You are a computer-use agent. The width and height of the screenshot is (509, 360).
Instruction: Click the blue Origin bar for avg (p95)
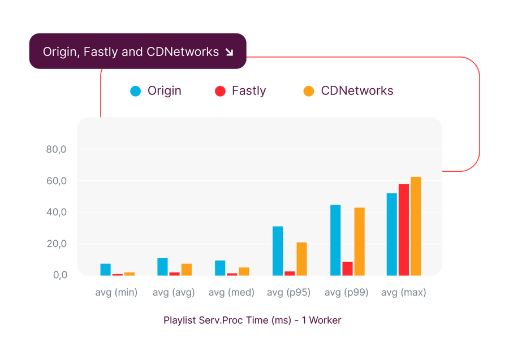tap(278, 251)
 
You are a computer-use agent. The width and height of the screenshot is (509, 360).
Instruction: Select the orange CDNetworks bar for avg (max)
tap(416, 226)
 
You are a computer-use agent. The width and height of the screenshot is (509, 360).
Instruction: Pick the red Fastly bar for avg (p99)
tap(347, 269)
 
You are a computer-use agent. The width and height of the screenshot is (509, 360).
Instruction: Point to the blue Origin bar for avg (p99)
tap(335, 240)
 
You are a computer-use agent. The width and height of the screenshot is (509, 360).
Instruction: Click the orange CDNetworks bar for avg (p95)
tap(301, 259)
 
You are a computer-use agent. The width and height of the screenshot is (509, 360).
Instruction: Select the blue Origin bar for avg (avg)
tap(163, 267)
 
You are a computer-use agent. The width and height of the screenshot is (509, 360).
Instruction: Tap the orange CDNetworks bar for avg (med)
tap(244, 271)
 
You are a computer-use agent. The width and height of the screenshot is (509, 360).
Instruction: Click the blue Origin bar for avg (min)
tap(105, 270)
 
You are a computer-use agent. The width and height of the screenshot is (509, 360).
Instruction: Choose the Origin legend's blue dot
tap(136, 91)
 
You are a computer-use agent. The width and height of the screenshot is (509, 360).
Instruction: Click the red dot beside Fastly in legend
tap(220, 91)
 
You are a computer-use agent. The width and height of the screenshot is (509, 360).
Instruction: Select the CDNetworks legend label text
tap(357, 91)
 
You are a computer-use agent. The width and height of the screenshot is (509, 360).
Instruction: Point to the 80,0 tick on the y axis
tap(57, 150)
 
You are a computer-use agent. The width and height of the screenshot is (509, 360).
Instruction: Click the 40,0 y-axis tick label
tap(57, 212)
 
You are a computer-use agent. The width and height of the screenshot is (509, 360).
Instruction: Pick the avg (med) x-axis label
tap(231, 293)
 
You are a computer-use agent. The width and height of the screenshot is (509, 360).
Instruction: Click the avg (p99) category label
tap(346, 293)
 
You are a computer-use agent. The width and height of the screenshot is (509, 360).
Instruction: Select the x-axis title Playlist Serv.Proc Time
tap(252, 320)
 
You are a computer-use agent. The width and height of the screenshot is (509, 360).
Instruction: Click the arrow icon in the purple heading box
tap(229, 52)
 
